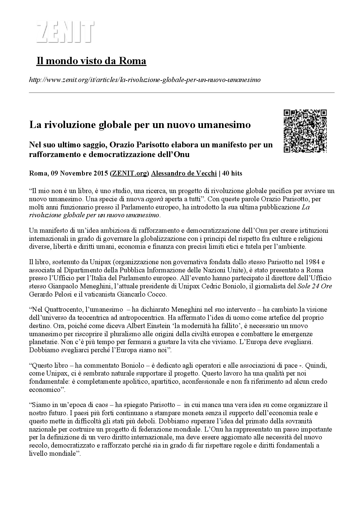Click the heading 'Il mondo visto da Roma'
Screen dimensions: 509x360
(91, 61)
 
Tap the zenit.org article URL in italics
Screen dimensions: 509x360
(145, 80)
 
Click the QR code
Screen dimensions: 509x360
(305, 131)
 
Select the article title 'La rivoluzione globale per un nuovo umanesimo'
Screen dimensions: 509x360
(140, 124)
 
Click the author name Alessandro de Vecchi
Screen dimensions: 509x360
(184, 173)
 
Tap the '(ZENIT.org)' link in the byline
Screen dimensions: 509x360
(130, 173)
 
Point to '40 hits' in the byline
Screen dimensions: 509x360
(232, 173)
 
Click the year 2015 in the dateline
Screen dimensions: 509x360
(101, 173)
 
